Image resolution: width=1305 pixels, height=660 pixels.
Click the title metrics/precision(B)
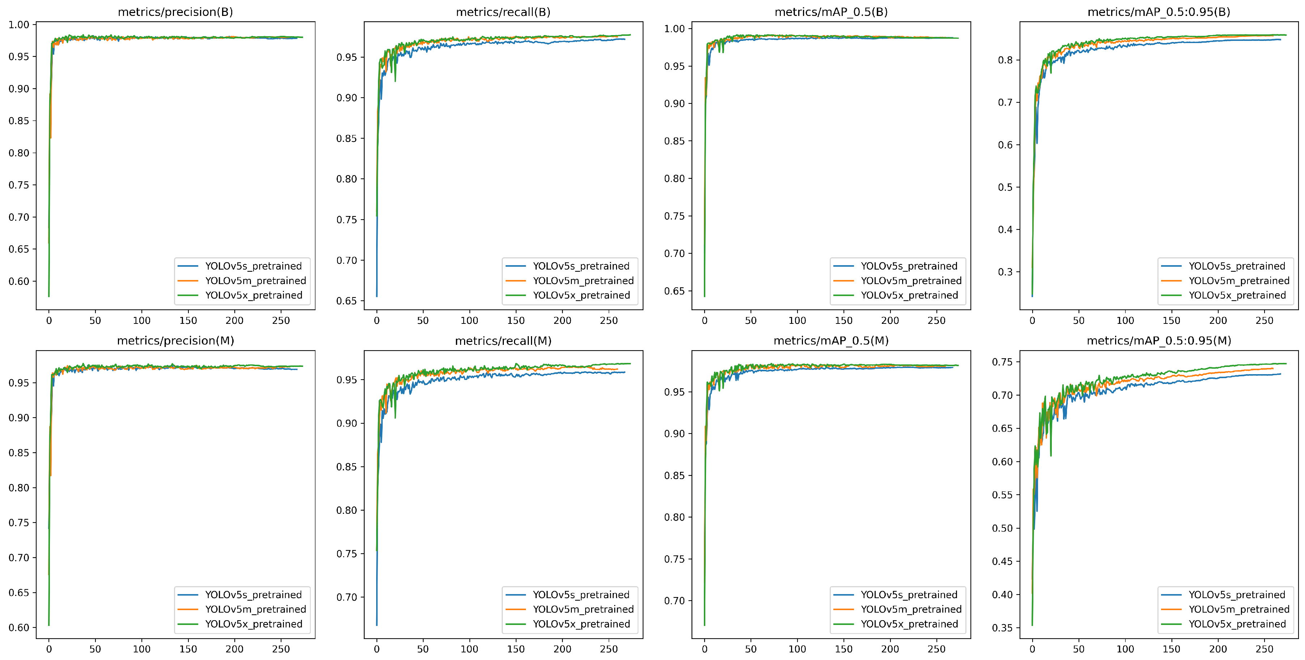pos(175,12)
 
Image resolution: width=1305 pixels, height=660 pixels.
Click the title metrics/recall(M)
pos(503,340)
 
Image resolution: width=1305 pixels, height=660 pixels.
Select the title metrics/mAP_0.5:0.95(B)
pos(1159,12)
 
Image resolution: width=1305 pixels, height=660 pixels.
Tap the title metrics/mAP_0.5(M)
pos(831,340)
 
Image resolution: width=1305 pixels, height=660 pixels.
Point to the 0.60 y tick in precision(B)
pos(19,282)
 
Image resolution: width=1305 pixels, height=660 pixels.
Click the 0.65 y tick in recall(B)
pos(347,301)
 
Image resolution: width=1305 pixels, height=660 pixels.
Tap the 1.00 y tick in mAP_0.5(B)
pos(674,29)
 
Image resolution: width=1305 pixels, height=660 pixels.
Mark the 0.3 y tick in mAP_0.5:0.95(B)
pos(1005,272)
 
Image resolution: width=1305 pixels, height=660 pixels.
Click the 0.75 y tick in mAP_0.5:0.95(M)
pos(1002,362)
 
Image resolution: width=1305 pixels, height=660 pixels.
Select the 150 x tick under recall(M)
pos(516,649)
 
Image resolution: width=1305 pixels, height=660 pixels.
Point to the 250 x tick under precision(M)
pos(281,649)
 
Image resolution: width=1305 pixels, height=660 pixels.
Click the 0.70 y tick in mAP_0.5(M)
pos(674,601)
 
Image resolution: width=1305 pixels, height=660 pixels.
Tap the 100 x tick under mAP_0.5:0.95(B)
pos(1125,320)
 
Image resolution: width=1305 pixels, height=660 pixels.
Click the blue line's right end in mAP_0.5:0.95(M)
pos(1280,374)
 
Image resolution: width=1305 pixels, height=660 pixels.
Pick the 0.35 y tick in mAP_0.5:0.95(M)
pos(1002,628)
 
